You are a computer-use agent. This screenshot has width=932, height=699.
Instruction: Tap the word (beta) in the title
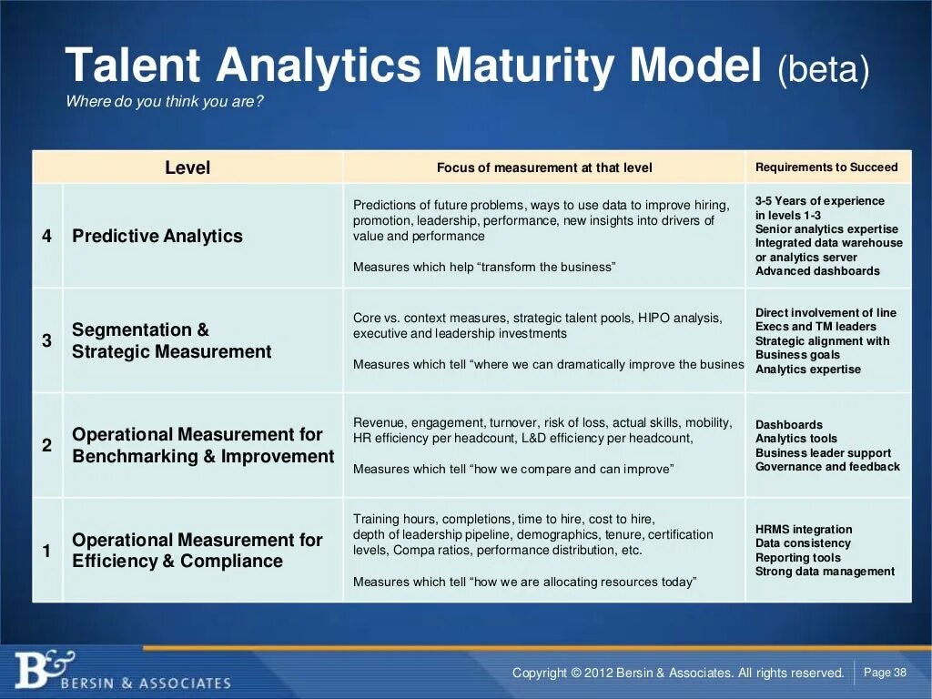[x=824, y=70]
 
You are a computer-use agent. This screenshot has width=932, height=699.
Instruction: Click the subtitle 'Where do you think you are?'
[x=165, y=102]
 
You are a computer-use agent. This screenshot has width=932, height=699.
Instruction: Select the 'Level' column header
[x=187, y=167]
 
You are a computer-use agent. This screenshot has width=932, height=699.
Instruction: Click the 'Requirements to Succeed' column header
[x=826, y=167]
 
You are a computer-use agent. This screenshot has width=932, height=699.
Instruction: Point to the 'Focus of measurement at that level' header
[x=544, y=167]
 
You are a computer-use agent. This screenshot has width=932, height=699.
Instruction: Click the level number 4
[x=47, y=237]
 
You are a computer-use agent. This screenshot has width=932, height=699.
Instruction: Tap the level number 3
[x=47, y=341]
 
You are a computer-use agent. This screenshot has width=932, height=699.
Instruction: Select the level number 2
[x=47, y=446]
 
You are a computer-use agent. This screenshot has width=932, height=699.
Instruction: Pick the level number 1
[x=47, y=551]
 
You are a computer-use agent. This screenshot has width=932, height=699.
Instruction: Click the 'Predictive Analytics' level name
[x=157, y=237]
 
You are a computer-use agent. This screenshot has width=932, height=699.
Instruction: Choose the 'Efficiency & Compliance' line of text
[x=177, y=562]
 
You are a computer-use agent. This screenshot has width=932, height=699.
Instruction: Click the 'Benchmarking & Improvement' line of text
[x=203, y=457]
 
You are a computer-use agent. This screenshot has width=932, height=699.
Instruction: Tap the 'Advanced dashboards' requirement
[x=817, y=271]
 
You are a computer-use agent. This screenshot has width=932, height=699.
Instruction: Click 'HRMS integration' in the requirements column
[x=804, y=530]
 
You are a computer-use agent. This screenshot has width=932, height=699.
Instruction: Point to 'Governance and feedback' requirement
[x=827, y=467]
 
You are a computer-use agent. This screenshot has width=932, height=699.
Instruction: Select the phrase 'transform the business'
[x=546, y=267]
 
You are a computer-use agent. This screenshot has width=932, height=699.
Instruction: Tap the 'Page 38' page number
[x=885, y=673]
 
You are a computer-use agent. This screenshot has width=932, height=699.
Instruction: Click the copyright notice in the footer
[x=678, y=674]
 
